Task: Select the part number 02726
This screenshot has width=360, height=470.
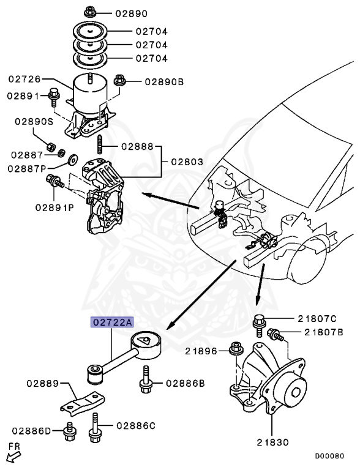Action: (24, 80)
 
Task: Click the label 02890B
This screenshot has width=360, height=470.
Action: (163, 81)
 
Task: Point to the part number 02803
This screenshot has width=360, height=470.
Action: (187, 162)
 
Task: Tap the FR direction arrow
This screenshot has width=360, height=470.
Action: (12, 455)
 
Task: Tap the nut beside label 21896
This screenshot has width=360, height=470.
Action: (234, 350)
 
